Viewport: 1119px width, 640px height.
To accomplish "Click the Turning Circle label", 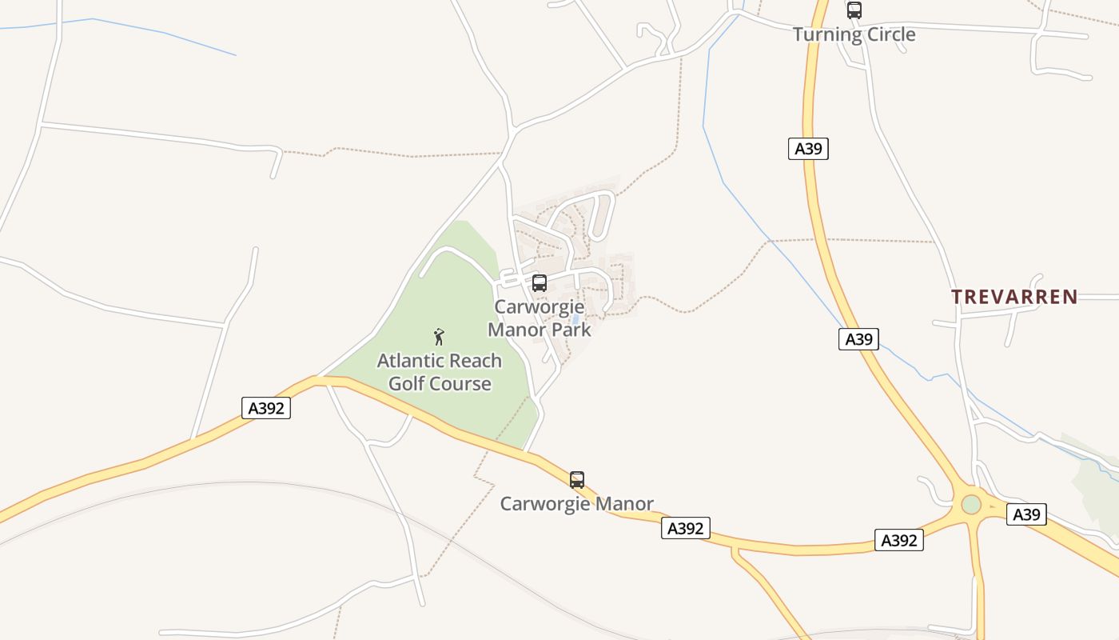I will point(854,34).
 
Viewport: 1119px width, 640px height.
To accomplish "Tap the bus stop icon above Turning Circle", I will point(854,10).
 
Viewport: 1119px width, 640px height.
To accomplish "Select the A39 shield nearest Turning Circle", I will point(808,149).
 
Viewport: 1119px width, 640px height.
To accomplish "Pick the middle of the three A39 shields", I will point(858,339).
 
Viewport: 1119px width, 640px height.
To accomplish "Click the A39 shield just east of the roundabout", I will point(1025,514).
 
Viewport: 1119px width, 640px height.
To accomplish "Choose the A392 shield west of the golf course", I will point(265,408).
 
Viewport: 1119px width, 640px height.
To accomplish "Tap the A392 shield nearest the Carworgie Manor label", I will point(685,528).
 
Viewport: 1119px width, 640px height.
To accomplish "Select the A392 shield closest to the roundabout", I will point(898,540).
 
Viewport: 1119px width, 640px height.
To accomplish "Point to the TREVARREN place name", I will point(1014,297).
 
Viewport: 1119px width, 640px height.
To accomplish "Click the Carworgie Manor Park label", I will point(540,318).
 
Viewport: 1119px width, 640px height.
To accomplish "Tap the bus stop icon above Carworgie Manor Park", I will point(540,282).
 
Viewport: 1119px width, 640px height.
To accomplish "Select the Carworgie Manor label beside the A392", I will point(576,504).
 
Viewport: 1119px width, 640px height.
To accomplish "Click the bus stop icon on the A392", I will point(577,480).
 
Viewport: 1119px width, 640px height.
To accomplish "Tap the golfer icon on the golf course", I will point(438,337).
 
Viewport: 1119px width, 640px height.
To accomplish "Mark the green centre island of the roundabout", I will point(971,505).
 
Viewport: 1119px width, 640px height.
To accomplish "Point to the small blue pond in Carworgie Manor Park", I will point(575,320).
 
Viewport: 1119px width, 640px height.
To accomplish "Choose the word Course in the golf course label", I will point(460,384).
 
